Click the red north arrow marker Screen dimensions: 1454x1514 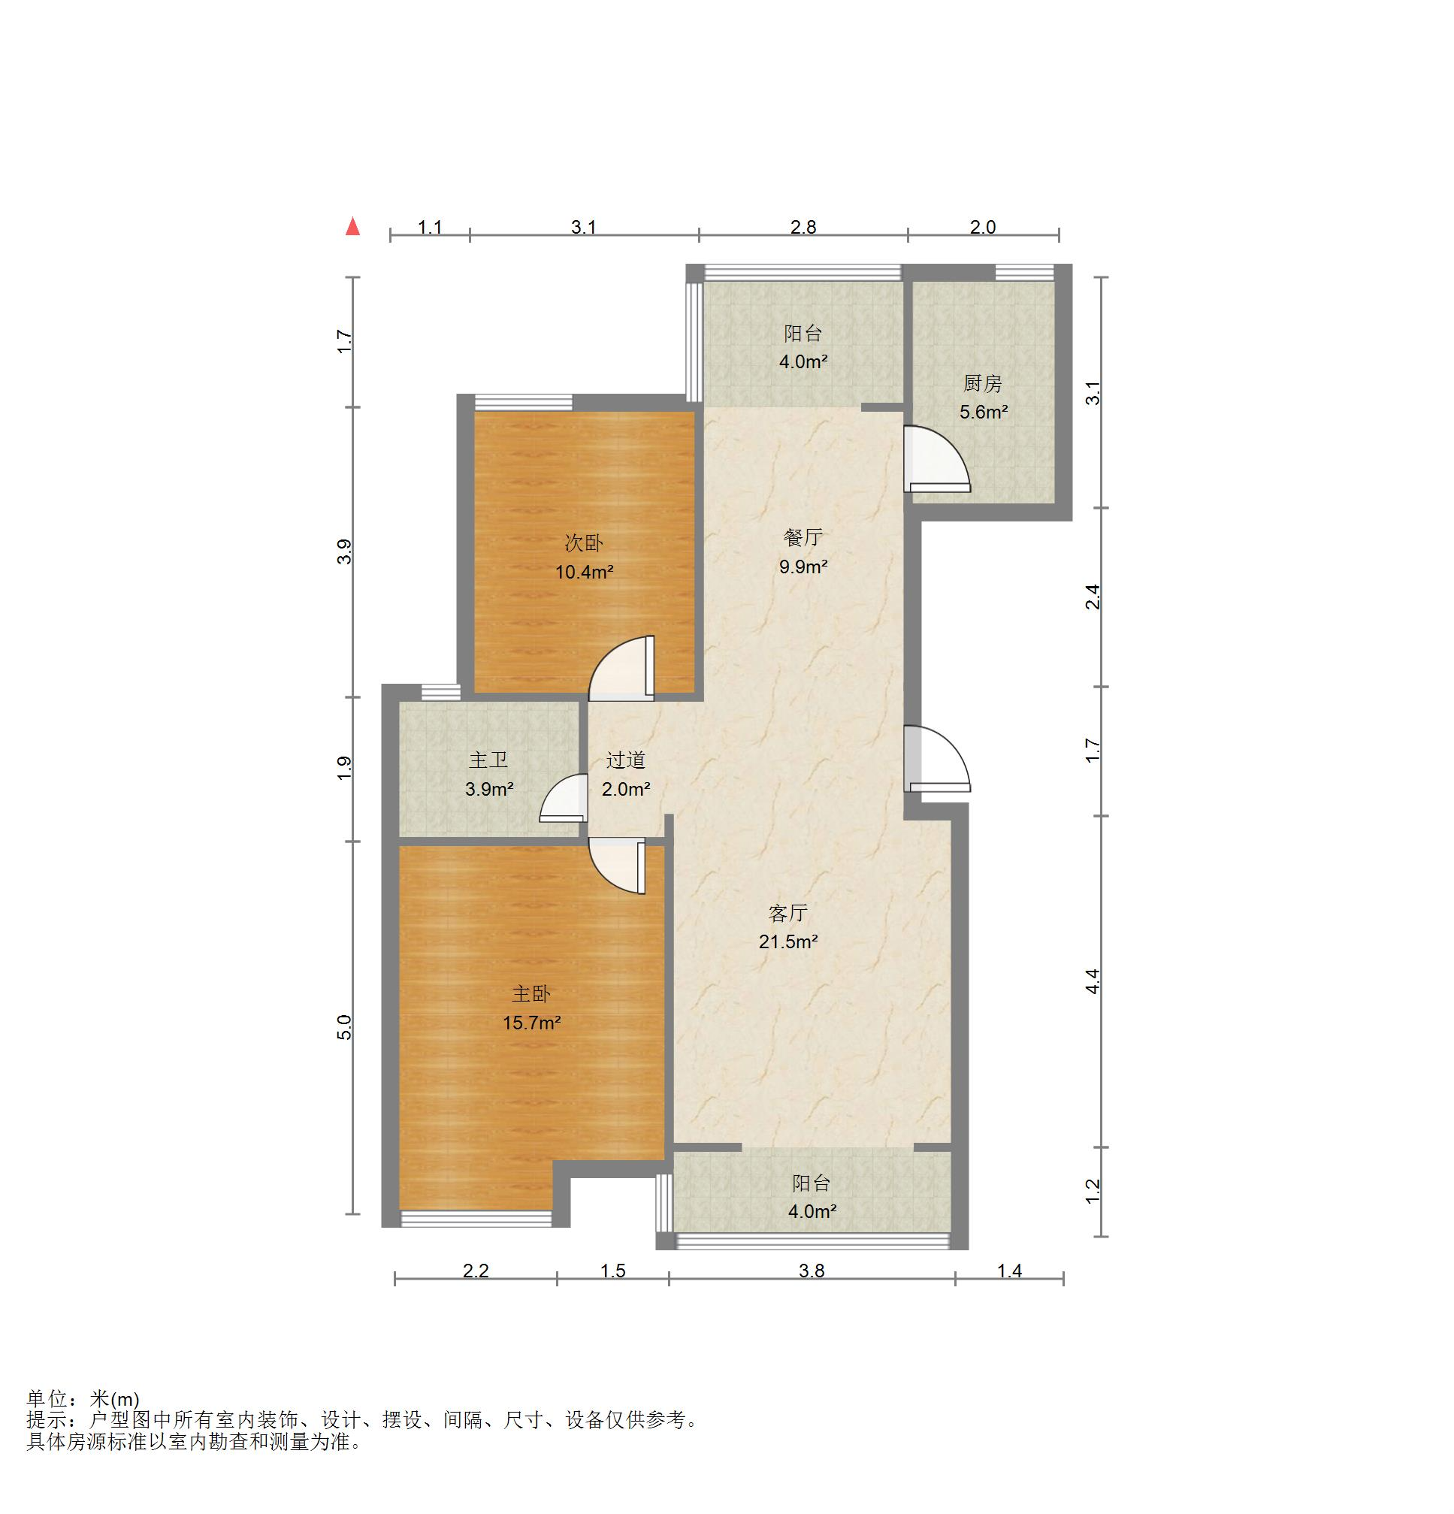coord(352,226)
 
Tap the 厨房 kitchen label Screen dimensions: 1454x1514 coord(983,383)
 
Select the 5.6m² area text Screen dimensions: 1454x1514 coord(984,412)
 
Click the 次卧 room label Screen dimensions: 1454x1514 coord(583,543)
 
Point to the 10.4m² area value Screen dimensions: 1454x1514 coord(584,573)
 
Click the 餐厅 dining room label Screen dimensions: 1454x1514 coord(803,538)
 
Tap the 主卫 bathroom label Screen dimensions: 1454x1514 coord(488,760)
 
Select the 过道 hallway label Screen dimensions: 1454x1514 coord(625,760)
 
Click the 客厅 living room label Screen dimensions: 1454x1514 coord(788,913)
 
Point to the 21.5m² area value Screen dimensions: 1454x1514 coord(788,941)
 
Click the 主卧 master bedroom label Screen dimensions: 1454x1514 coord(531,993)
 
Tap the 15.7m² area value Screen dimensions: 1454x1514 coord(531,1023)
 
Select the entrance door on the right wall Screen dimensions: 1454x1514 coord(936,759)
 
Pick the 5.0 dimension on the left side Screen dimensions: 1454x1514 coord(345,1027)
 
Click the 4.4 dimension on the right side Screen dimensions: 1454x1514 coord(1093,981)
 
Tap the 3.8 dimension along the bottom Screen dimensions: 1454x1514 coord(812,1271)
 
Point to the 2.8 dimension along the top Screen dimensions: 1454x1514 coord(803,227)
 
